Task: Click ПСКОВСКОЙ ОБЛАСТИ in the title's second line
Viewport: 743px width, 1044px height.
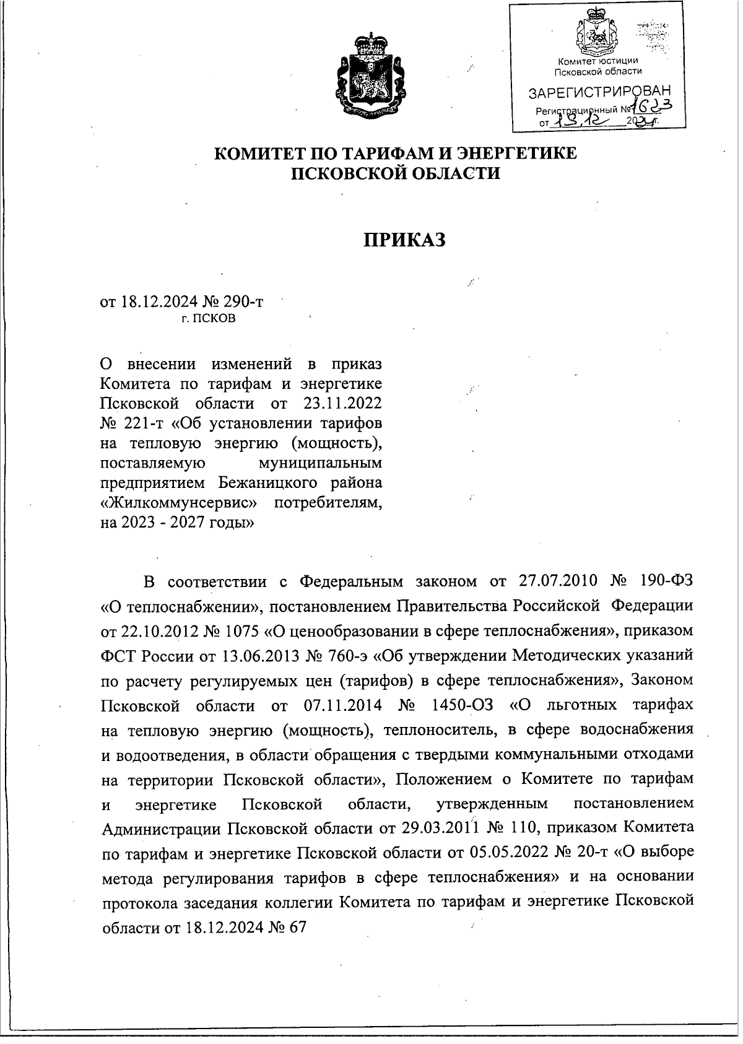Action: (396, 173)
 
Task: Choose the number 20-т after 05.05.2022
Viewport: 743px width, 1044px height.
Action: (588, 853)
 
